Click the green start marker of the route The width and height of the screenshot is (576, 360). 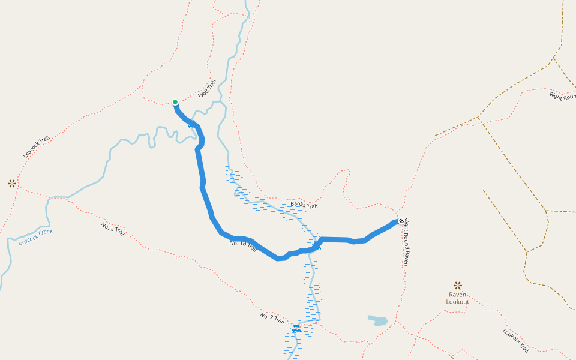tap(175, 102)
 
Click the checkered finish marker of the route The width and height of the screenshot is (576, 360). tap(401, 221)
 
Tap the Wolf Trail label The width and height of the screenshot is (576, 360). tap(206, 89)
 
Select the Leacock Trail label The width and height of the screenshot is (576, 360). tap(36, 146)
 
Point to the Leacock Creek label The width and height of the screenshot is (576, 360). tap(35, 236)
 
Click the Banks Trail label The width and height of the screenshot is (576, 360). tap(304, 205)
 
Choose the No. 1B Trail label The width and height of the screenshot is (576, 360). tap(243, 246)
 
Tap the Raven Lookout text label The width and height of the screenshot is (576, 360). tap(458, 298)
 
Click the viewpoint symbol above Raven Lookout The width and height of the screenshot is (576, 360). tap(458, 286)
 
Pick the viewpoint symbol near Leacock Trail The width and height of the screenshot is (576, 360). tap(12, 184)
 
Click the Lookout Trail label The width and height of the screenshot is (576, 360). tap(515, 340)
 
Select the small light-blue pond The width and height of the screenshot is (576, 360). tap(378, 321)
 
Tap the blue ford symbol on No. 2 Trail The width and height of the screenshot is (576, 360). tap(296, 328)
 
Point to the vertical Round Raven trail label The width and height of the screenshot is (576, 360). tap(406, 242)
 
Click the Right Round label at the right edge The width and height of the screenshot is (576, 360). tap(563, 96)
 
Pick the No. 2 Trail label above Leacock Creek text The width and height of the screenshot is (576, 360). tap(113, 229)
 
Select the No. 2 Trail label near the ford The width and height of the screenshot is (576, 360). tap(272, 319)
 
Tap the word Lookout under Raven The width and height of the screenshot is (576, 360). tap(458, 302)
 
